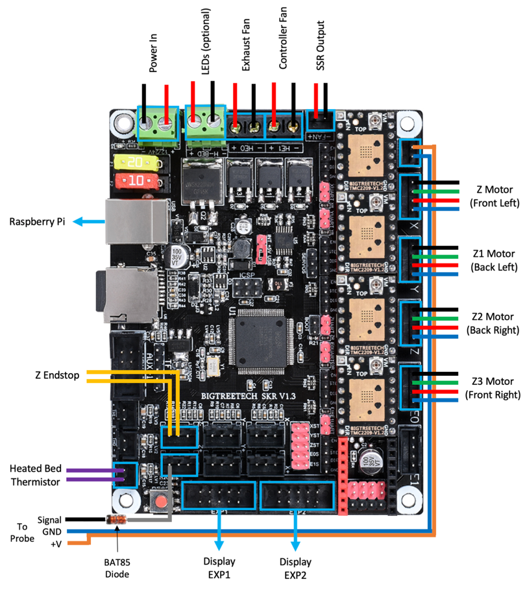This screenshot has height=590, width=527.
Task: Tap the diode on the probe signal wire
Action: pos(117,520)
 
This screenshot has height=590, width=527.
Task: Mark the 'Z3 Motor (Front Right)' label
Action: pos(492,387)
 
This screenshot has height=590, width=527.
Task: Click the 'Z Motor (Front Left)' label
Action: pos(492,196)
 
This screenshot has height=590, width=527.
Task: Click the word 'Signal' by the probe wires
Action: pos(49,520)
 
